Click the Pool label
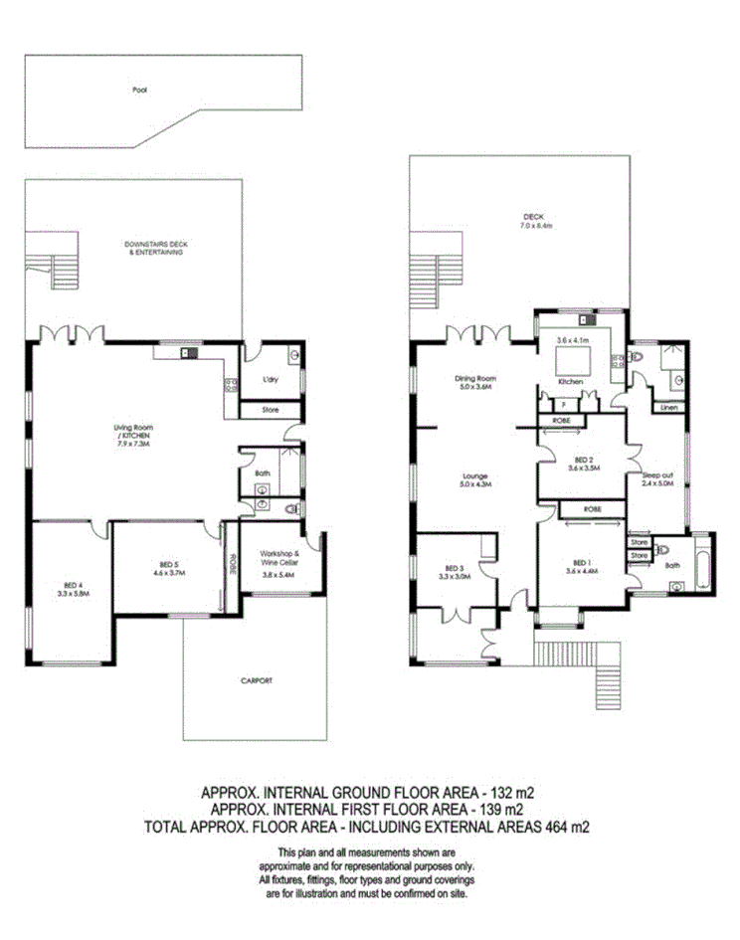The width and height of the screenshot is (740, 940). [138, 90]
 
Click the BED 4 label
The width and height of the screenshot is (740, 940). [72, 588]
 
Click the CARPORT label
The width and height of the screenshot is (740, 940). [256, 681]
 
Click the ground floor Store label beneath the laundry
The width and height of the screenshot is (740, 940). [271, 409]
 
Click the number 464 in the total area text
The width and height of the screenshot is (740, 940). [543, 825]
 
